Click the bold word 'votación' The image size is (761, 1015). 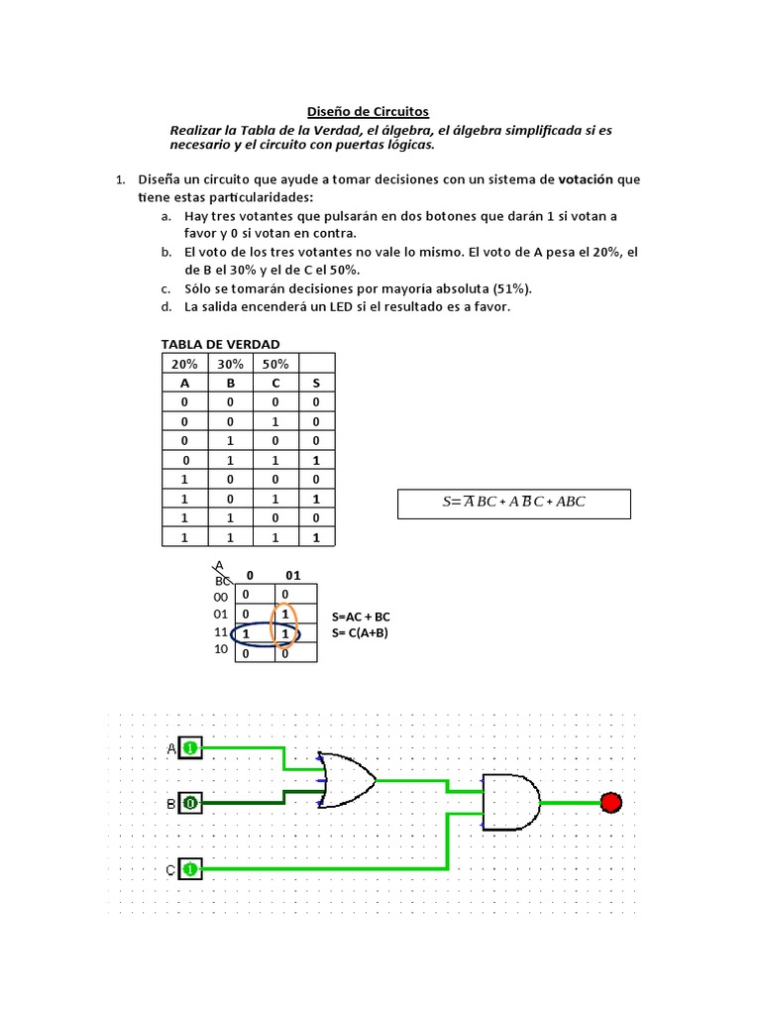[x=587, y=179]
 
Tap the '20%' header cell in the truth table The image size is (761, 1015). [x=184, y=364]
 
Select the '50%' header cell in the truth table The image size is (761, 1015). [x=275, y=364]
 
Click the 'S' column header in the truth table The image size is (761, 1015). [x=316, y=383]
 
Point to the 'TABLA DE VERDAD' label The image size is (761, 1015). [x=220, y=344]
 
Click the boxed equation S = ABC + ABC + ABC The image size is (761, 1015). [x=513, y=502]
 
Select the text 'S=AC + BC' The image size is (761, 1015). [x=363, y=617]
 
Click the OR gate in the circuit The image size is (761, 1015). [x=348, y=777]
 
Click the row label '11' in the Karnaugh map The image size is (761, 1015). [x=220, y=632]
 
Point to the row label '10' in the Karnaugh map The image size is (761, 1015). [x=220, y=649]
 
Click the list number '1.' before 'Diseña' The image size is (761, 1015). [x=119, y=179]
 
